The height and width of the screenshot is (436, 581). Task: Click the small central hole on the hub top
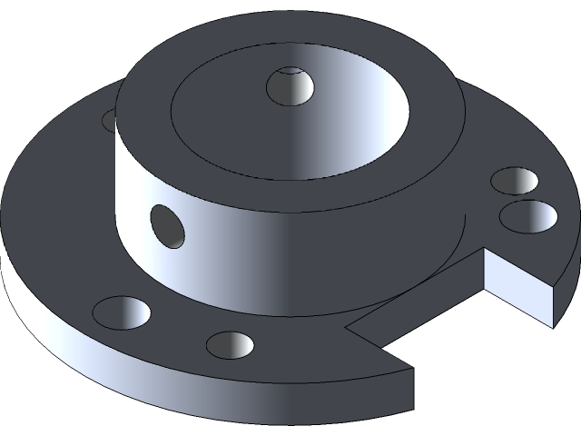(290, 87)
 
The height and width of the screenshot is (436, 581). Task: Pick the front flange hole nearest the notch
(229, 344)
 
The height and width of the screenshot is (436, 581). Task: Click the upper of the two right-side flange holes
(513, 180)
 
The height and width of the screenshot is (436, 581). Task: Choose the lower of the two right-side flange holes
(528, 216)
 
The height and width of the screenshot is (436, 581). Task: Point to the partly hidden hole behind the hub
(110, 119)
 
